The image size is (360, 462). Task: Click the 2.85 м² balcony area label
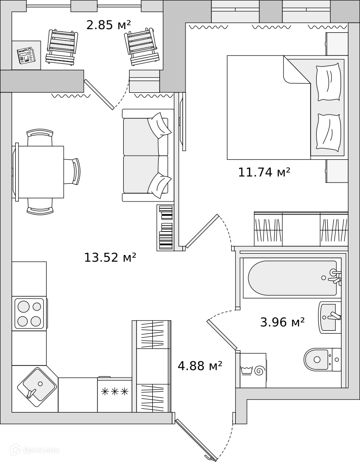tap(108, 25)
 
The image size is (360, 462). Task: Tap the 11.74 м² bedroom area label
tap(264, 172)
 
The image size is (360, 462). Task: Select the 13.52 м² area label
tap(110, 257)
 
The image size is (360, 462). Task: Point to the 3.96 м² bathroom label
tap(282, 322)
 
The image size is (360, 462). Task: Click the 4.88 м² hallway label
tap(200, 366)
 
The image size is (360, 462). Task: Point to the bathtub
tap(292, 278)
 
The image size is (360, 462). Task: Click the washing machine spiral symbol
tap(260, 371)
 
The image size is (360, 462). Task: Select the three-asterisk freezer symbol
tap(115, 392)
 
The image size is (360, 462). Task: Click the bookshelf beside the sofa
tap(165, 228)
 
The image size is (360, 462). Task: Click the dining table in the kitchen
tap(39, 172)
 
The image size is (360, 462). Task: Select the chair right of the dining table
tap(72, 171)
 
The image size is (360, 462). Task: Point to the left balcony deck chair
tap(62, 47)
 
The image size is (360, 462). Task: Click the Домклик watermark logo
tap(35, 450)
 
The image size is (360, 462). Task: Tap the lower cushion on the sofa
tap(159, 186)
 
